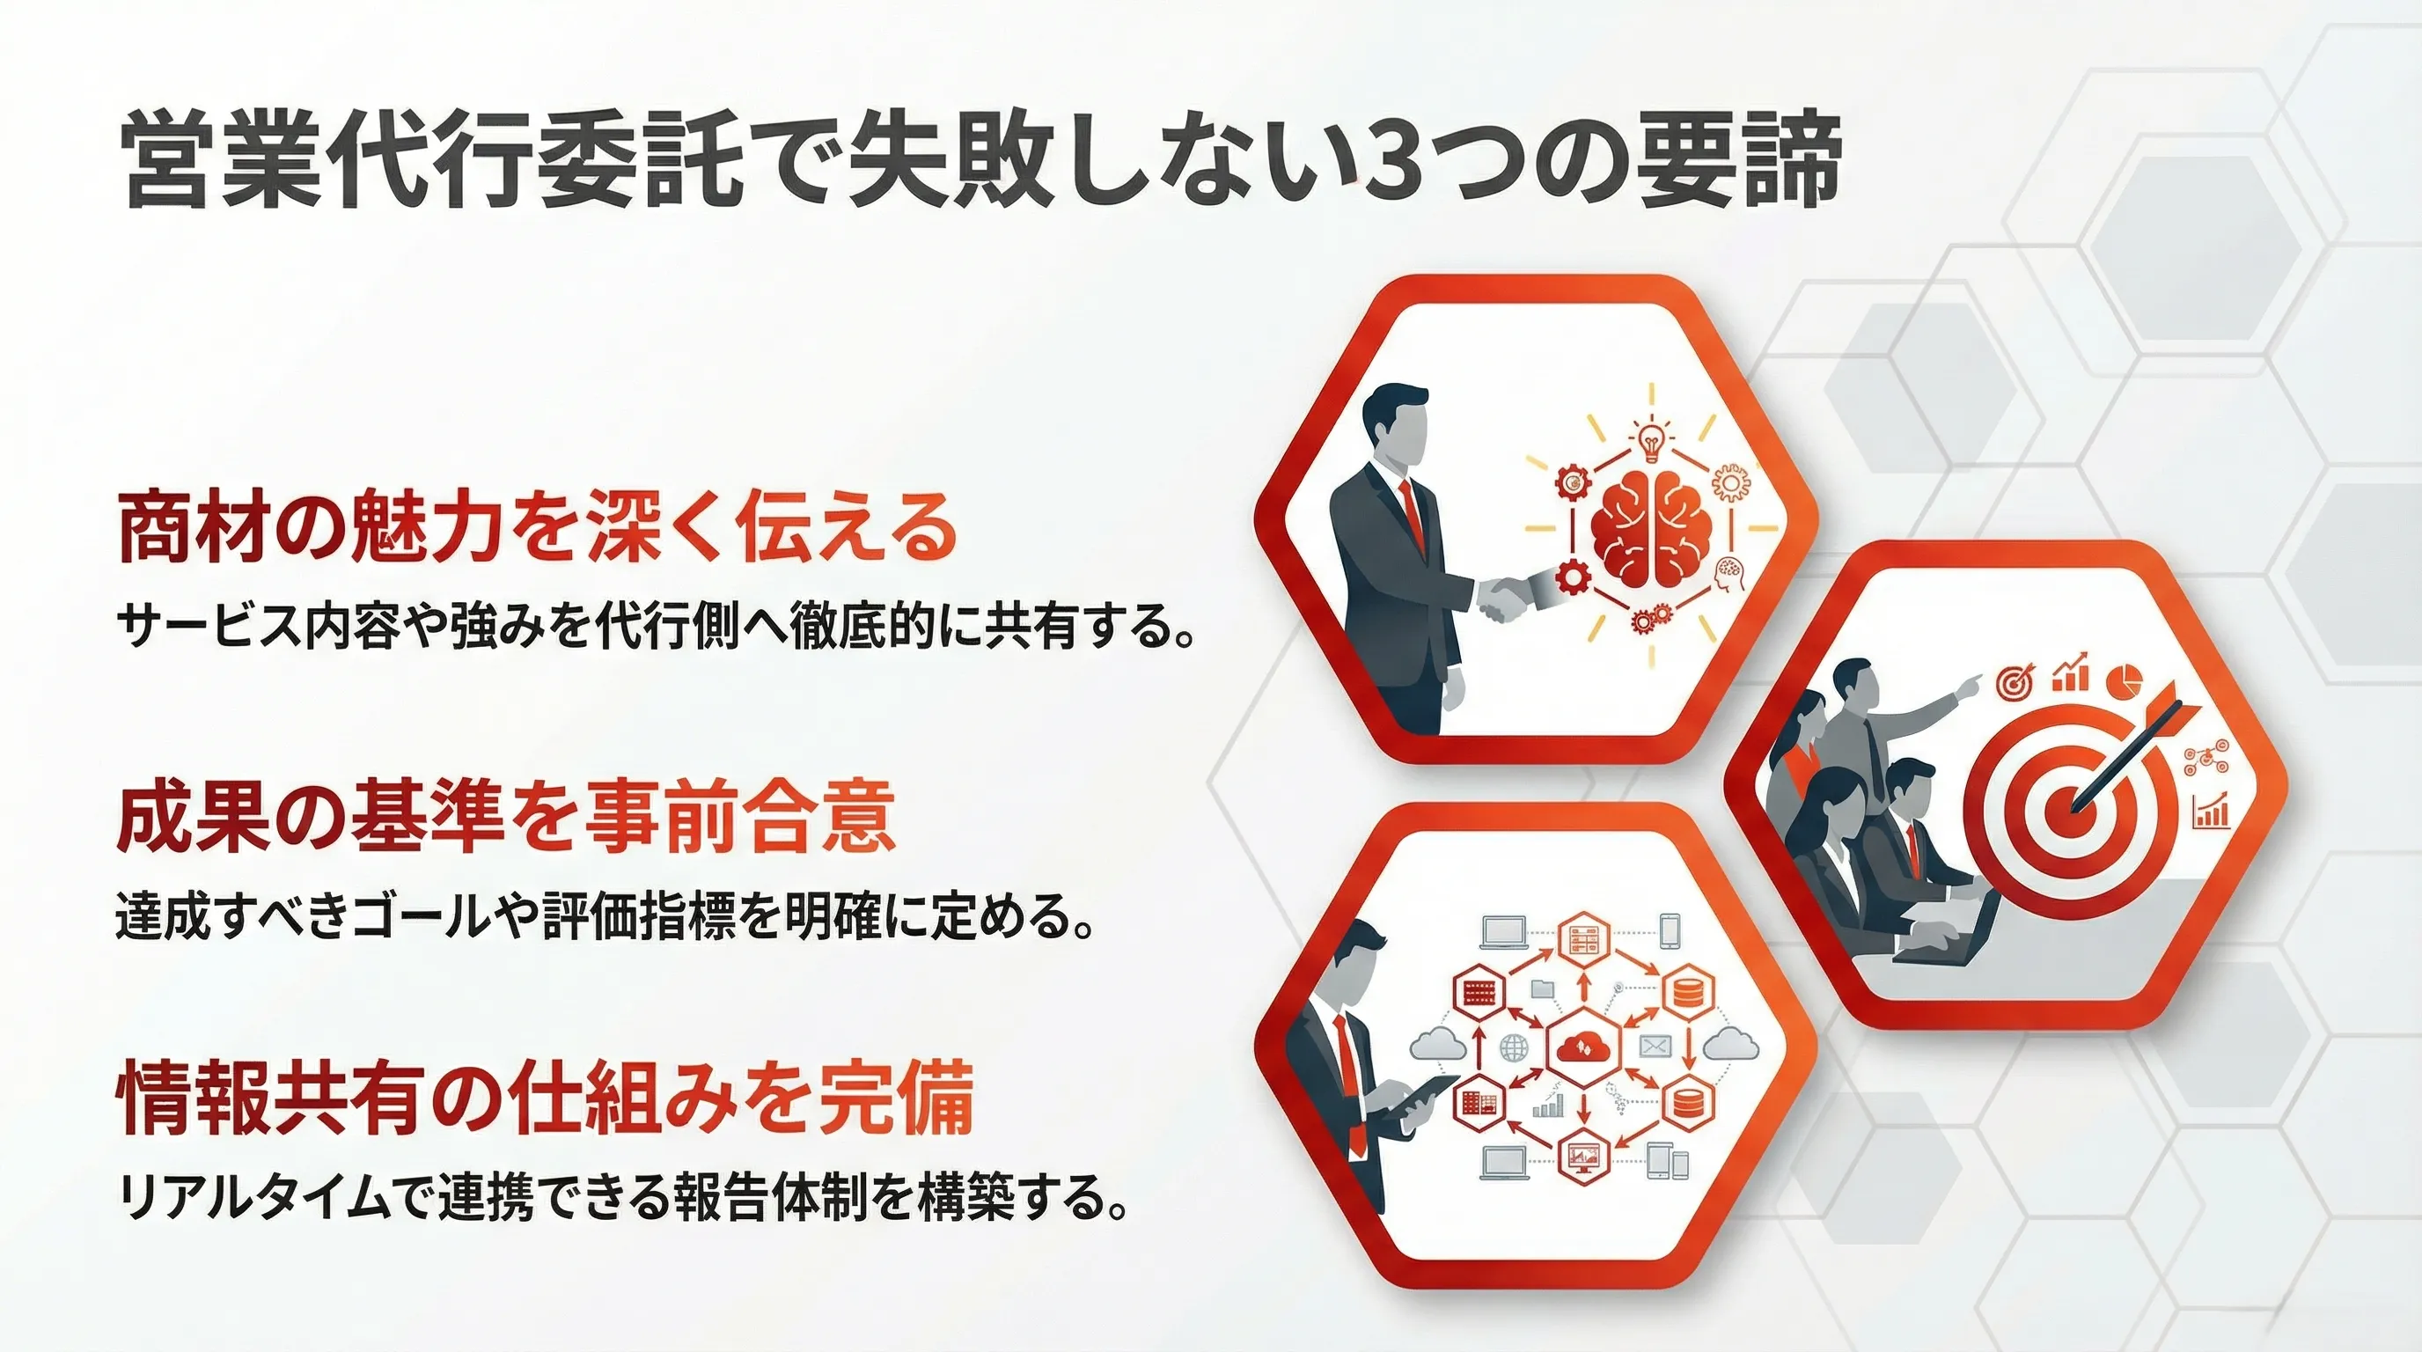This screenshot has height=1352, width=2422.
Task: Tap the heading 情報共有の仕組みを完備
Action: [546, 1100]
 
